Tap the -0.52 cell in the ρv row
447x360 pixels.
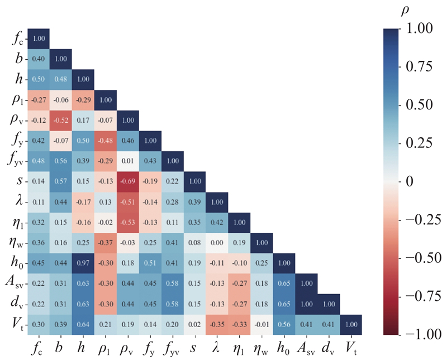tap(61, 119)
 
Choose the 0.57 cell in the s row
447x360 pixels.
tap(61, 181)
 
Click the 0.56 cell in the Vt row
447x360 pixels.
tap(284, 324)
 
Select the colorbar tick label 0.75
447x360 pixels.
tap(419, 67)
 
